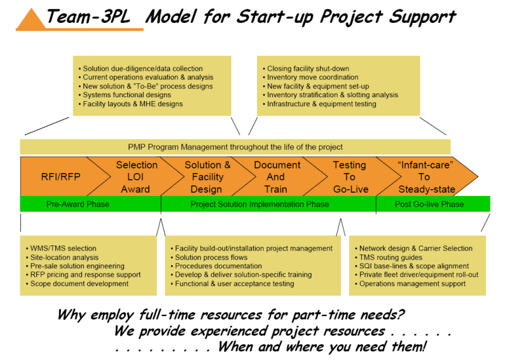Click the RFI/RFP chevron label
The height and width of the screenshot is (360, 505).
(60, 177)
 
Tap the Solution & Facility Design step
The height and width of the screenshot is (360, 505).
(207, 177)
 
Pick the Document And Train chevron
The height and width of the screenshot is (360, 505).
(277, 177)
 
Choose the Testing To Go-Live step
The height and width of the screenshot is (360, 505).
(350, 177)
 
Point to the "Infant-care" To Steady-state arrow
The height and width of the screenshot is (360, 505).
(425, 177)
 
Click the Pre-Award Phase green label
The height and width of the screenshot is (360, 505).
(78, 204)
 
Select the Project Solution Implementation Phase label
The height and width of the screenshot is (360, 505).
(259, 204)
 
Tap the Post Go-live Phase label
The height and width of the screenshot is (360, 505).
(429, 204)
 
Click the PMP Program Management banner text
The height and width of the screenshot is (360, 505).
(235, 147)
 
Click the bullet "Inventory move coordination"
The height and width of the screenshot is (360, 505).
(310, 78)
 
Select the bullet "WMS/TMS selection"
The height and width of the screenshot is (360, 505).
(61, 248)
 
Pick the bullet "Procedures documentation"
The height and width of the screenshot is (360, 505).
(216, 266)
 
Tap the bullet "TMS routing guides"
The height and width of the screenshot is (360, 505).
(389, 258)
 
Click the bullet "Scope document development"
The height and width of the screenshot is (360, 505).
(77, 284)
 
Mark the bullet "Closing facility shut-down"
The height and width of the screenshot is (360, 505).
(306, 69)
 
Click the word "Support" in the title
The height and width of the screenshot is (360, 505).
(422, 17)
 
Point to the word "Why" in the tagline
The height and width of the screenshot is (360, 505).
(71, 314)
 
